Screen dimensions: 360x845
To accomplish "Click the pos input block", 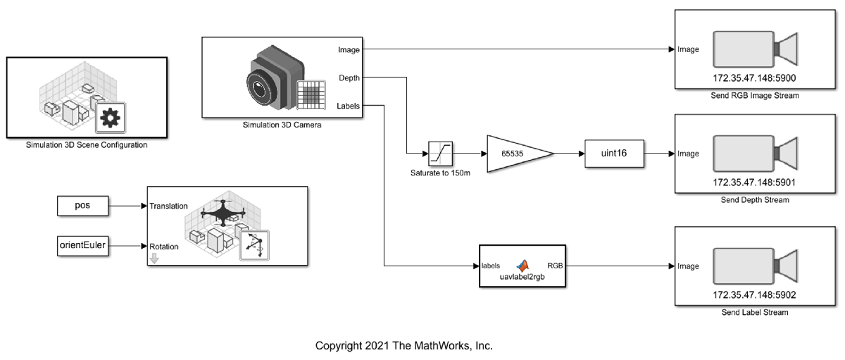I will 82,206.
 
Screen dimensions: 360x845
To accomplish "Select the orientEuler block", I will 82,247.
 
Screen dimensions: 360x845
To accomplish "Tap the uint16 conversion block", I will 614,154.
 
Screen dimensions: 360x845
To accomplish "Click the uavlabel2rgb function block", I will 522,266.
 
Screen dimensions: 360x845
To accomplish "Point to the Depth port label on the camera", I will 350,77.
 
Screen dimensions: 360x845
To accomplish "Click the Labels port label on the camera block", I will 349,106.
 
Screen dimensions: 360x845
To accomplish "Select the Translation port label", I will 169,206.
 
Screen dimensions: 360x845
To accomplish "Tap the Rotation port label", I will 164,247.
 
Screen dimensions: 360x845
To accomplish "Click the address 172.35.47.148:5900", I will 755,77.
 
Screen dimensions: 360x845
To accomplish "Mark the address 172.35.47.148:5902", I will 755,296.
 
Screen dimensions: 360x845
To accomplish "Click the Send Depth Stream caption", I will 755,200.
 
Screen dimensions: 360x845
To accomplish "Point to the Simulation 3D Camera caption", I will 282,125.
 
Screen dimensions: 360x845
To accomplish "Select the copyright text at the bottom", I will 403,346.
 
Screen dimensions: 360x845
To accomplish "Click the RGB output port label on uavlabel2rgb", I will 555,266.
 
